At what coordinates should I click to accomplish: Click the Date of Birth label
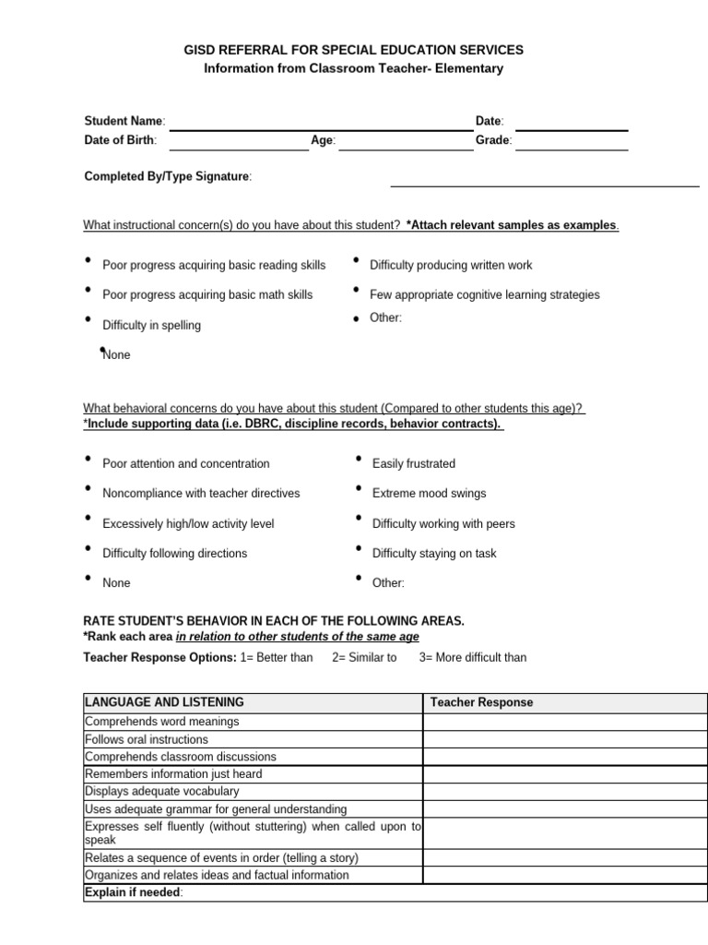[x=120, y=140]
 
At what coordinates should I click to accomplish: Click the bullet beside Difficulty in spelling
[x=88, y=320]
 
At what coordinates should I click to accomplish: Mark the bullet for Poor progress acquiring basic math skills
[x=88, y=290]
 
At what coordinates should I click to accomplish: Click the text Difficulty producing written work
[x=451, y=265]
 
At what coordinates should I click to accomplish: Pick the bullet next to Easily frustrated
[x=358, y=459]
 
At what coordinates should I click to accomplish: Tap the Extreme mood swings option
[x=429, y=494]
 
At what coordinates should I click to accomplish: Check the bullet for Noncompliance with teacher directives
[x=88, y=488]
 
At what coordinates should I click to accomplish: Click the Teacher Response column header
[x=481, y=702]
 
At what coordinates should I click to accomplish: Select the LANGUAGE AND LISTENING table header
[x=164, y=702]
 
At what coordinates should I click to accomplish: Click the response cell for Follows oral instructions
[x=564, y=739]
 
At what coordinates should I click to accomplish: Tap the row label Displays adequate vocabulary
[x=161, y=791]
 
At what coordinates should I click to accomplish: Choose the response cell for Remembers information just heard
[x=564, y=774]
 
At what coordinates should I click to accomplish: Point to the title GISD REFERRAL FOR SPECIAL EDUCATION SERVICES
[x=354, y=50]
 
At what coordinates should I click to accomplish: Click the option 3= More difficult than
[x=472, y=657]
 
